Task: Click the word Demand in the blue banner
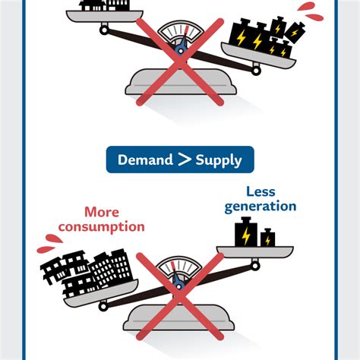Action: pos(145,159)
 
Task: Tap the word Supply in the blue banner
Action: pos(219,159)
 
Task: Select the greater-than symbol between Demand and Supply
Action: pos(185,159)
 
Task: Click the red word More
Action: pos(101,212)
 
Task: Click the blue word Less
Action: pos(260,191)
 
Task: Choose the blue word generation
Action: pos(260,206)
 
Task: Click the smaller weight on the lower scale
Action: pos(267,238)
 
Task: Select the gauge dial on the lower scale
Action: pos(179,270)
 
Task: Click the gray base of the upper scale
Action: pos(179,82)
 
